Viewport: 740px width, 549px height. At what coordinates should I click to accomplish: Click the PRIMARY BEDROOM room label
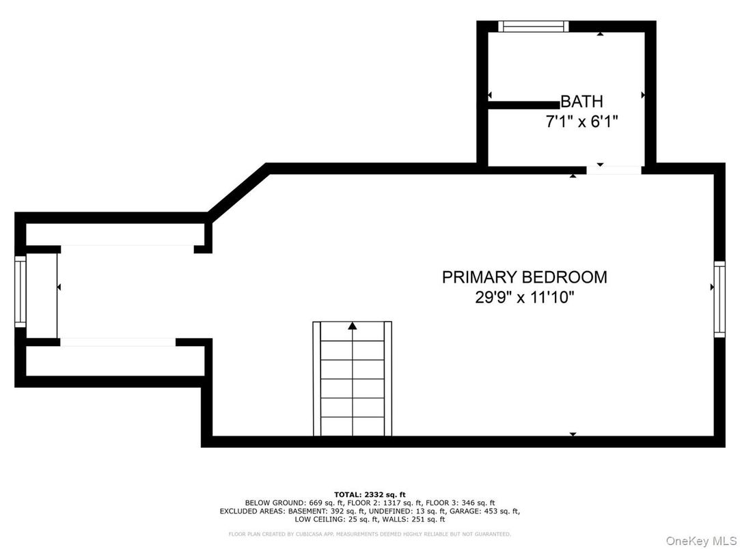coord(524,277)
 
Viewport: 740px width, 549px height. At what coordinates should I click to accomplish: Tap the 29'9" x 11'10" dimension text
coord(524,298)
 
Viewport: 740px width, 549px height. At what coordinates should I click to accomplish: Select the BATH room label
coord(581,102)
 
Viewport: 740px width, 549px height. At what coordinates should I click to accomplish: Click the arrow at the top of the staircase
coord(353,326)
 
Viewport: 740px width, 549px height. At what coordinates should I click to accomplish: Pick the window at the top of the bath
coord(533,26)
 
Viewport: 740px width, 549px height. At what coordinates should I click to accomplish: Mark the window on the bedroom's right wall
coord(719,298)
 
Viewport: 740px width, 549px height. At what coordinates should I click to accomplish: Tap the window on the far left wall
coord(20,292)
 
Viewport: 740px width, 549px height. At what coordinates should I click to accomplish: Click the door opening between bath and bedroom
coord(614,169)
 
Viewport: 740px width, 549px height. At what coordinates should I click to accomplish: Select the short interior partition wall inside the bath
coord(523,105)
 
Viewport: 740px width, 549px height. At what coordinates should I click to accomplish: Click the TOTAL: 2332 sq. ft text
coord(370,494)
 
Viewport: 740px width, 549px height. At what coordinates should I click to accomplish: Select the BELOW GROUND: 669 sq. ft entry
coord(282,503)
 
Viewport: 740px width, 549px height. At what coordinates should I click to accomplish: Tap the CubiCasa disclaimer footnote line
coord(370,534)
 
